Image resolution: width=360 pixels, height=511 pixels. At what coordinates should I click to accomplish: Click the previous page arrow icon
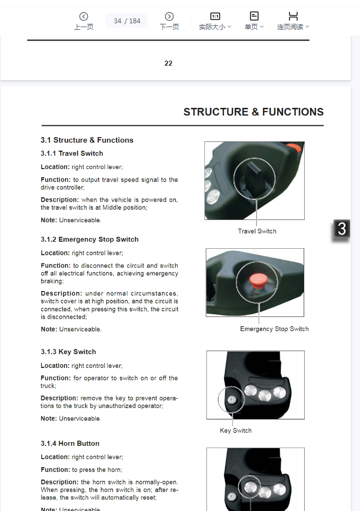(x=83, y=17)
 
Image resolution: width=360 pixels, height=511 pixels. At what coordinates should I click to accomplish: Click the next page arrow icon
(x=169, y=17)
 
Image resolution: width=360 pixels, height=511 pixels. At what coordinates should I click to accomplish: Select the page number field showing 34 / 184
(x=127, y=21)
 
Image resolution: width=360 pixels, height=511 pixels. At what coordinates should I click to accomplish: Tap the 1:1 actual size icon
(x=215, y=16)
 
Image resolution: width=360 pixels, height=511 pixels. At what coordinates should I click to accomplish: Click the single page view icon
(x=254, y=16)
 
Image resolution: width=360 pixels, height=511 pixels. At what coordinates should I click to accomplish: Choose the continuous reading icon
(x=293, y=16)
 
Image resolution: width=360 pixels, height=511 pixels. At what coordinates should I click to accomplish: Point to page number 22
(x=168, y=63)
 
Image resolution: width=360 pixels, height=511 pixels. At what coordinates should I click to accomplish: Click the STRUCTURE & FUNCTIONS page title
(x=253, y=112)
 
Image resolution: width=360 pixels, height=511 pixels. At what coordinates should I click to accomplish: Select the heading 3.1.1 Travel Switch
(x=72, y=153)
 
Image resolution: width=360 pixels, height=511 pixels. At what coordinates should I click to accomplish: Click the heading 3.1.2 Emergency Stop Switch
(x=89, y=240)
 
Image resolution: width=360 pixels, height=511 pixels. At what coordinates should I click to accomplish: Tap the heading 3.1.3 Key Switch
(x=68, y=352)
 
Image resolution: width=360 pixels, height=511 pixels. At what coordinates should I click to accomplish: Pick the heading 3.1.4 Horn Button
(x=70, y=443)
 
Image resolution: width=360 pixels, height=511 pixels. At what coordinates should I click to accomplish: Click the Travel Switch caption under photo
(x=257, y=231)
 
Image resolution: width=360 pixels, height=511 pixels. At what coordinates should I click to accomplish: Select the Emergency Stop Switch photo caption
(x=274, y=329)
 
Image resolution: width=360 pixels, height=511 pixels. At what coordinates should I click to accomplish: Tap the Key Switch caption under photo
(x=235, y=431)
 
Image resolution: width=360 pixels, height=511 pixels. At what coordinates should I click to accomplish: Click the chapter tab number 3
(x=342, y=229)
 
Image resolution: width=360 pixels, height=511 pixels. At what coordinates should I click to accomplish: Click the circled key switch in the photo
(x=232, y=399)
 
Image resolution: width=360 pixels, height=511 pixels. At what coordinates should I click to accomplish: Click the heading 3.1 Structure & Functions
(x=87, y=140)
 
